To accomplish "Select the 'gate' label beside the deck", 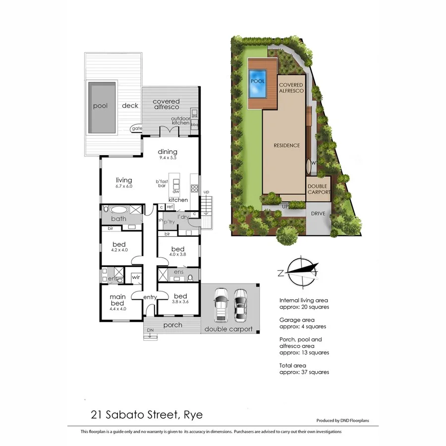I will click(x=136, y=129).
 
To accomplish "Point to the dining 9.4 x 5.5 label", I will click(x=167, y=154).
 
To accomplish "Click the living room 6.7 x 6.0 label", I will click(x=123, y=182).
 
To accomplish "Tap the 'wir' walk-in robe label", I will click(x=135, y=278).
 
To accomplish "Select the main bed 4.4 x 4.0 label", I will click(x=118, y=302).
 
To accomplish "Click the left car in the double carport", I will click(x=221, y=303).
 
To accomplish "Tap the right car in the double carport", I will click(x=240, y=303).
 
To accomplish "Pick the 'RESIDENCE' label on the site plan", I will click(x=287, y=146).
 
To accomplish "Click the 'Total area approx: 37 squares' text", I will click(x=304, y=368).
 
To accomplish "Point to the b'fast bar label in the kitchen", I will click(x=162, y=183).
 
